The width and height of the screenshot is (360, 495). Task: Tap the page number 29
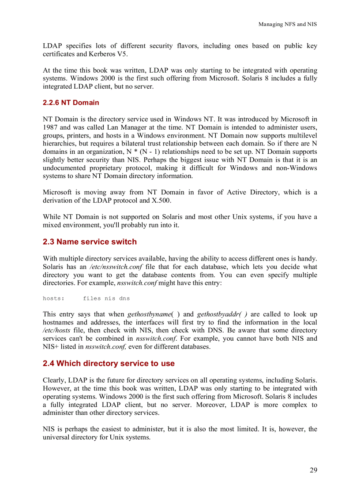(313, 470)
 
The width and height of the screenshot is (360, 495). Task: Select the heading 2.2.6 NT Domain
(71, 103)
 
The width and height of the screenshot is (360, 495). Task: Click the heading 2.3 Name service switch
(90, 242)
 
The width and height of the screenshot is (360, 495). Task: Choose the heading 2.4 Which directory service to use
(109, 363)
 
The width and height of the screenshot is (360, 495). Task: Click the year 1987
(50, 127)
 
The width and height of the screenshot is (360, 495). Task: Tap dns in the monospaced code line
(124, 298)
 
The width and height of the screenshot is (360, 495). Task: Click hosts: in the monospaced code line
(53, 298)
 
